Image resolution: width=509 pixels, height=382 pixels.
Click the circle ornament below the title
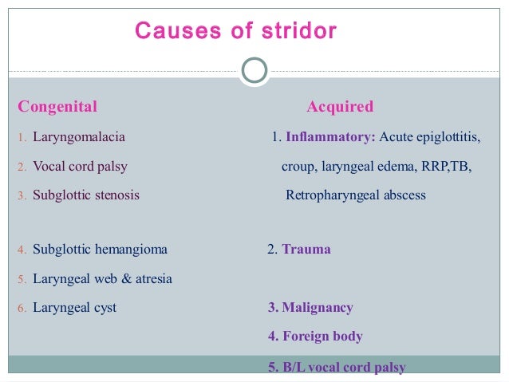[254, 70]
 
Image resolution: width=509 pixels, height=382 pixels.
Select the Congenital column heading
[57, 107]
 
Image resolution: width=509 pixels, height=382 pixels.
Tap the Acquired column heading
[340, 107]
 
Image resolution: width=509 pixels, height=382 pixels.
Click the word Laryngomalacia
[79, 137]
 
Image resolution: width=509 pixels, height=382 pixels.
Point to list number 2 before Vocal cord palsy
[23, 167]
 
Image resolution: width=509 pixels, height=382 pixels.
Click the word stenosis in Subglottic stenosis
[116, 195]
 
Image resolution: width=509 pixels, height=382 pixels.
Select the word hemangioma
[131, 250]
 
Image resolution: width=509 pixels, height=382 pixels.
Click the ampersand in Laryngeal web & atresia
[122, 279]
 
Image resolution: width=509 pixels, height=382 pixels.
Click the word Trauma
[306, 250]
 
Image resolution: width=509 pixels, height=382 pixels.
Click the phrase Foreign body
[322, 337]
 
